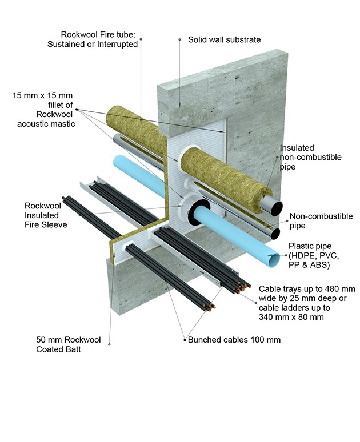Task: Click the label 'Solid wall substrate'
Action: click(x=224, y=40)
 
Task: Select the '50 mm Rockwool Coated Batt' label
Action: click(x=68, y=344)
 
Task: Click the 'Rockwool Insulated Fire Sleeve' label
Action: click(x=46, y=215)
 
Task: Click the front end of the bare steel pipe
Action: click(x=276, y=234)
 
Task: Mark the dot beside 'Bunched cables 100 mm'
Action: click(x=184, y=340)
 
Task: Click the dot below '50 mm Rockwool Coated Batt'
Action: click(x=110, y=345)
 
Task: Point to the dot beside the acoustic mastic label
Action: click(x=77, y=110)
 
